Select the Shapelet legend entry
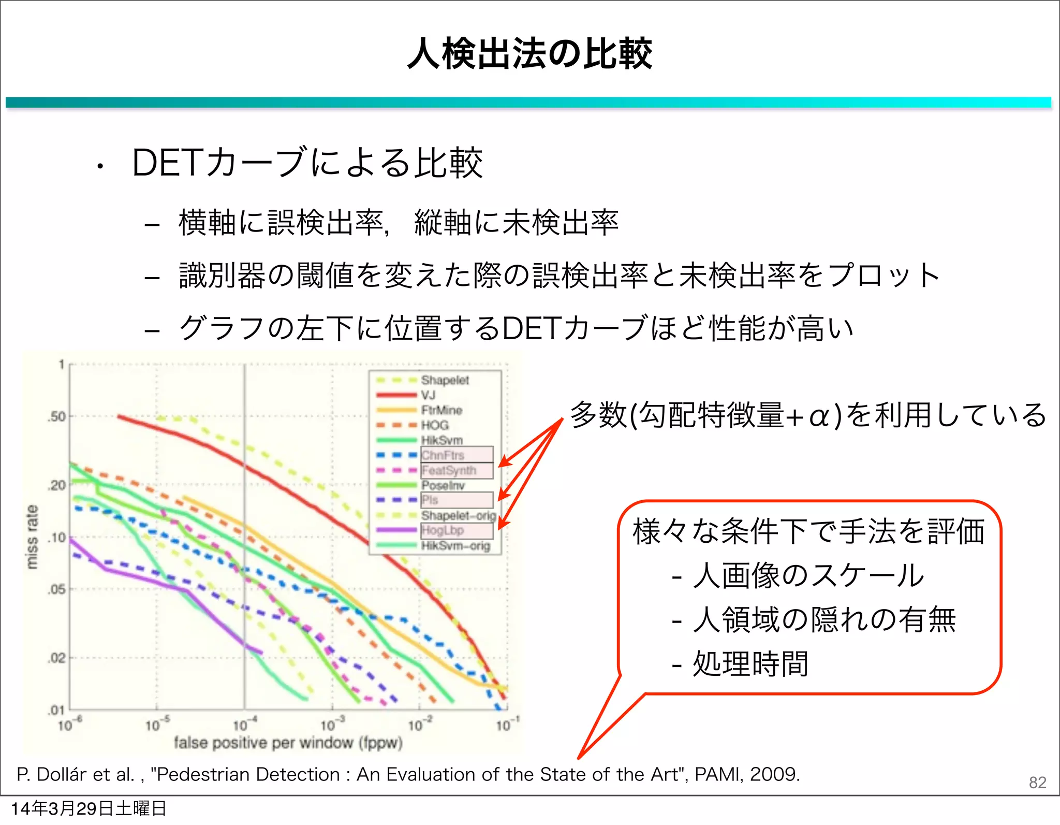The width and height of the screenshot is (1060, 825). click(445, 380)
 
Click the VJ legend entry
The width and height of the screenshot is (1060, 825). click(429, 395)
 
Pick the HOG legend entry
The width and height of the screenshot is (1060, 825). click(435, 425)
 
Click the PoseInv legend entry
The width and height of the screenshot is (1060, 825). click(443, 485)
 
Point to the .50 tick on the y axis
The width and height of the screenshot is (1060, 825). click(57, 416)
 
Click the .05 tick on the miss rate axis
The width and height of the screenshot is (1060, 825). click(57, 589)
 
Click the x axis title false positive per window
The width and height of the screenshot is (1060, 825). click(288, 743)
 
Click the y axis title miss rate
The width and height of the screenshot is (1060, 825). click(32, 537)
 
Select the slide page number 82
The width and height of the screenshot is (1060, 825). click(1037, 783)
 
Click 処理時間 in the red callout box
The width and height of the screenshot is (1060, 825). click(750, 664)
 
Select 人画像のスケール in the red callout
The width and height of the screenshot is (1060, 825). click(807, 575)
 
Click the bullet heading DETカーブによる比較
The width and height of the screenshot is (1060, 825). click(307, 163)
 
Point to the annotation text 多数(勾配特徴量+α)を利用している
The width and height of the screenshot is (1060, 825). click(807, 415)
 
